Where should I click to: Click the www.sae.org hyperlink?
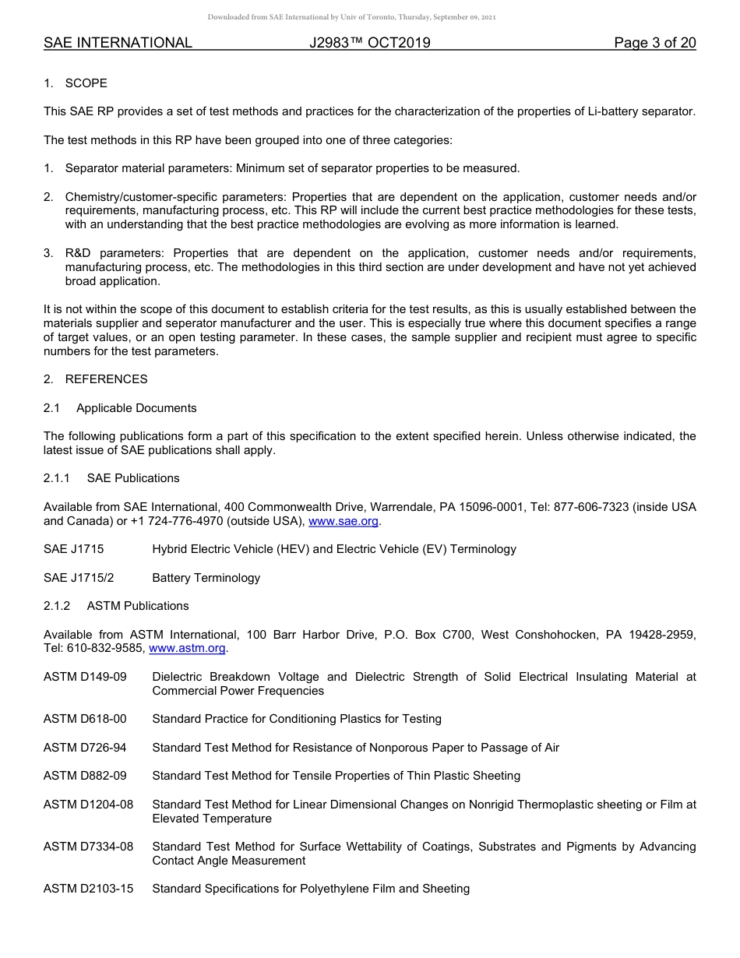(x=344, y=521)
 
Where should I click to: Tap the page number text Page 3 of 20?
(x=654, y=43)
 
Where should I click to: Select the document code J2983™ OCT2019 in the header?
(x=369, y=43)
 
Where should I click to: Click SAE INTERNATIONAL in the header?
(x=118, y=43)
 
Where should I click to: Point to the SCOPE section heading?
(x=86, y=83)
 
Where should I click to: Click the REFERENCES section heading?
(x=106, y=379)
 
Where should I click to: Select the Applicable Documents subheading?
(x=136, y=408)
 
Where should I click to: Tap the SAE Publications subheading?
(x=133, y=478)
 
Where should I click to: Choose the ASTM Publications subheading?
(x=138, y=606)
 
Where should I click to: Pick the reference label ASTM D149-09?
(x=85, y=677)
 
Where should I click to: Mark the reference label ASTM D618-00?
(x=85, y=719)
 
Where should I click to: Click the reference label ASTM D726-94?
(x=85, y=748)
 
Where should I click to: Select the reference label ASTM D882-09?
(x=85, y=776)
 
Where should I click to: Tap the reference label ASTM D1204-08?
(x=88, y=805)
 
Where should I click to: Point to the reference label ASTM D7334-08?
(x=88, y=847)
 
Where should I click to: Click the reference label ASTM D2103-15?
(x=88, y=889)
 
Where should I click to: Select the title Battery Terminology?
(x=206, y=578)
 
